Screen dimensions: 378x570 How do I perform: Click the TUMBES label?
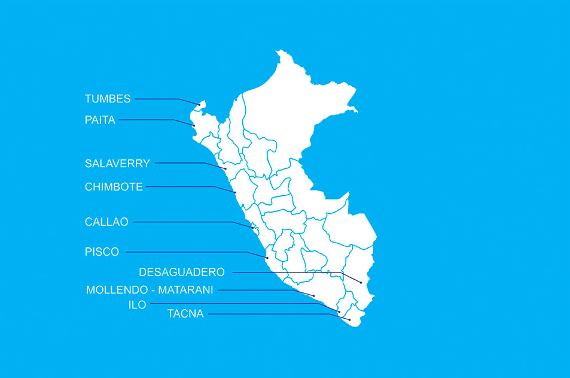point(108,99)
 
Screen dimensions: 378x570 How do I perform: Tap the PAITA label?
point(100,120)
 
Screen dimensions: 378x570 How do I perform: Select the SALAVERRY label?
point(117,163)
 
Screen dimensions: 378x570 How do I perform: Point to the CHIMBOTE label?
point(114,187)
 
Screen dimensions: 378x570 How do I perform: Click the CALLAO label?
point(106,222)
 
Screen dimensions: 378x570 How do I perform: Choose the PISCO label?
point(102,252)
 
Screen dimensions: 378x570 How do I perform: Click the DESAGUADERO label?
point(182,272)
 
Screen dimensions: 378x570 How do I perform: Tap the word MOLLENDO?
point(116,290)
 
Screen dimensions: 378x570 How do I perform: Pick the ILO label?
point(137,304)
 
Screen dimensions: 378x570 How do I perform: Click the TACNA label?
point(185,313)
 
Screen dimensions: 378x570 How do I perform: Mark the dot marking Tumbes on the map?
point(199,105)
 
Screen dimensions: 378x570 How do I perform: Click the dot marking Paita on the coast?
point(194,125)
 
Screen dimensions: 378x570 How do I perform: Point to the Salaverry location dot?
point(225,170)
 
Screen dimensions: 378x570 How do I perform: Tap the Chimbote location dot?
point(235,192)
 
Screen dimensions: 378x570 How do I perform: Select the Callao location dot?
point(252,228)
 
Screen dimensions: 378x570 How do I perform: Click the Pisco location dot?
point(267,258)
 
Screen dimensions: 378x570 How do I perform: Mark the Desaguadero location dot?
point(361,282)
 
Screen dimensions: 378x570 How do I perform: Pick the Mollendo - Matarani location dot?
point(313,295)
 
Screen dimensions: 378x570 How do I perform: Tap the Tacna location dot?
point(349,320)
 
